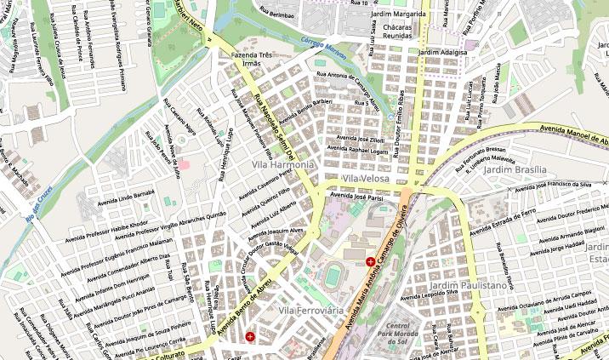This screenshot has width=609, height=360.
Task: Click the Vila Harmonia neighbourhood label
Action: click(x=283, y=163)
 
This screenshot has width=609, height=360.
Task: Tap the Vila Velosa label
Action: click(x=366, y=179)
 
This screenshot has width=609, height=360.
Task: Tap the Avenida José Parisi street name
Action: click(x=357, y=197)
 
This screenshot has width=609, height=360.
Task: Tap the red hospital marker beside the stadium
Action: click(x=370, y=262)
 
